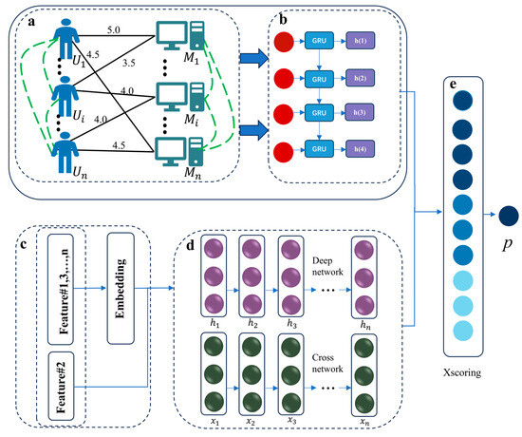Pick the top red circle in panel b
tap(281, 44)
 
